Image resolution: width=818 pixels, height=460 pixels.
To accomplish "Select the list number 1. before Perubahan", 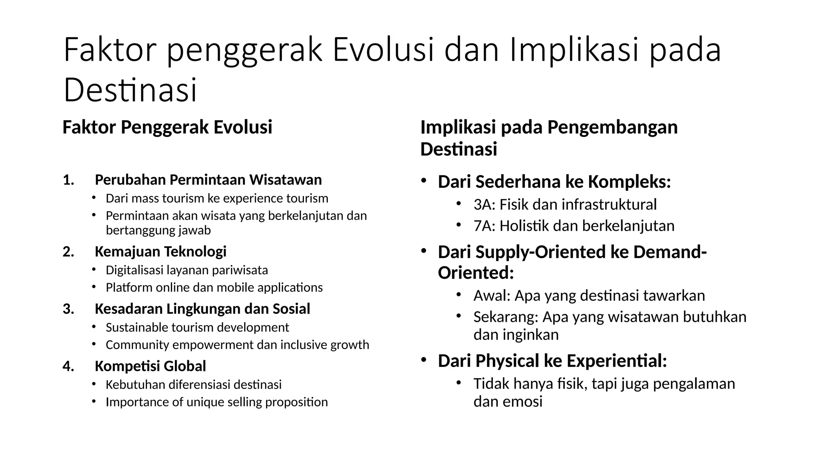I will tap(69, 180).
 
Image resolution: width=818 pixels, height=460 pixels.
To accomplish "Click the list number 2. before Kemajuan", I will tap(69, 252).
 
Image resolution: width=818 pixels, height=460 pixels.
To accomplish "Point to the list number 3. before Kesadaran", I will tap(69, 309).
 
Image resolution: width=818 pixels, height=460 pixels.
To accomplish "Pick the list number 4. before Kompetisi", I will tap(69, 366).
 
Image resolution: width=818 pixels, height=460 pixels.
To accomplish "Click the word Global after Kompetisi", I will tap(185, 366).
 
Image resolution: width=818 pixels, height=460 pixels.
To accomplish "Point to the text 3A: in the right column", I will tap(484, 204).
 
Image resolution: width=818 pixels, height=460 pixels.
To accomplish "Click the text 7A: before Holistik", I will tap(484, 226).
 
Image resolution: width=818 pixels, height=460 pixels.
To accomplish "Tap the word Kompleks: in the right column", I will tap(629, 182).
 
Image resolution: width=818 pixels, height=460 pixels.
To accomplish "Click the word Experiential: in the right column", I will tap(617, 361).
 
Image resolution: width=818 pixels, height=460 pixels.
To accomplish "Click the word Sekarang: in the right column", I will tap(506, 317).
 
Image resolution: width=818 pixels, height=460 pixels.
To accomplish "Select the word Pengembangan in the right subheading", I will tap(612, 128).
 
